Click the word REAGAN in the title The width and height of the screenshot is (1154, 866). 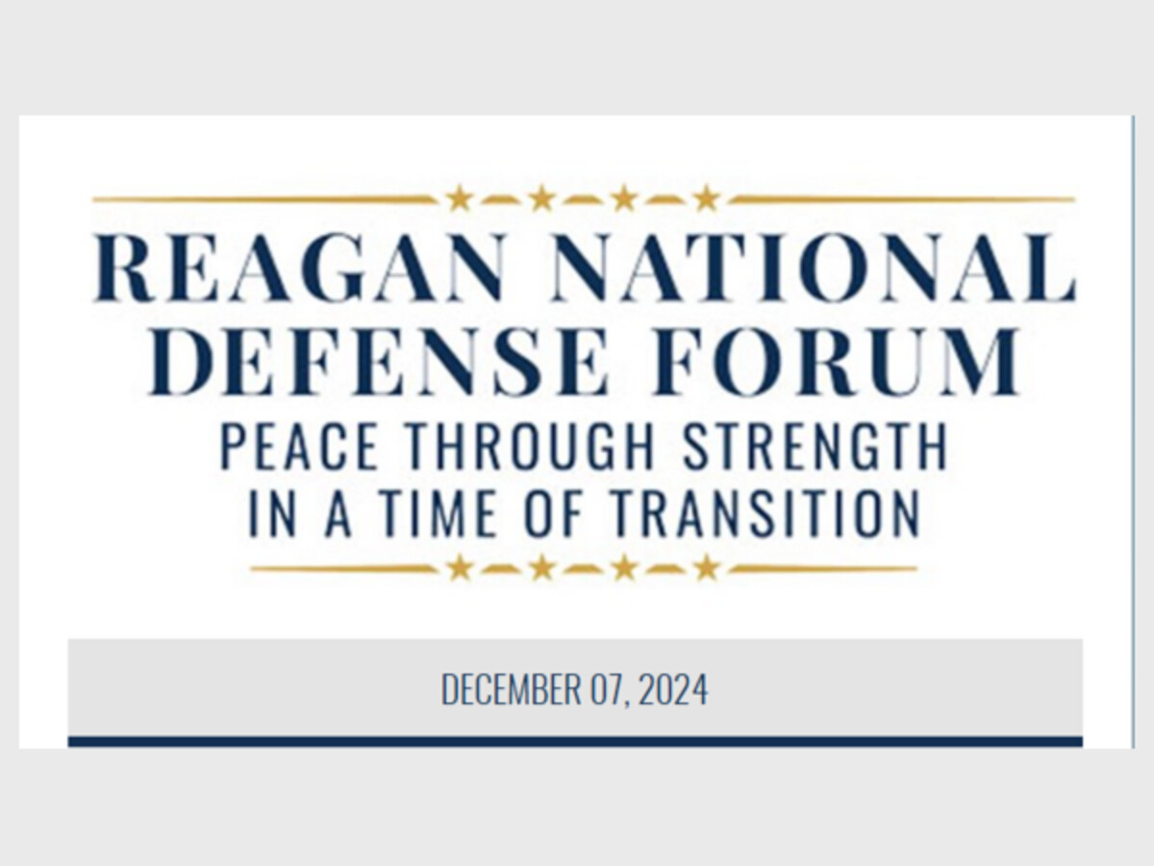tap(300, 267)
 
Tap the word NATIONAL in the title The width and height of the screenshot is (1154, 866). tap(813, 267)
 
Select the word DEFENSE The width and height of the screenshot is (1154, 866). tap(379, 361)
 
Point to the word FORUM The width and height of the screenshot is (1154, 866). tap(836, 361)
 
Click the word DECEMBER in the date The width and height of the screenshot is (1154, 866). tap(511, 689)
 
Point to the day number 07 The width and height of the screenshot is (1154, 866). tap(608, 689)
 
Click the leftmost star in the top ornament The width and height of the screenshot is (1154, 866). tap(460, 198)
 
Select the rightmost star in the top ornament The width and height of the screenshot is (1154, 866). tap(707, 198)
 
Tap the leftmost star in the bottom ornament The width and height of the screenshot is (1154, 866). tap(460, 568)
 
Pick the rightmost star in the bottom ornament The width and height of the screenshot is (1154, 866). tap(707, 568)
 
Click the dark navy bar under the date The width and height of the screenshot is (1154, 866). tap(575, 741)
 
